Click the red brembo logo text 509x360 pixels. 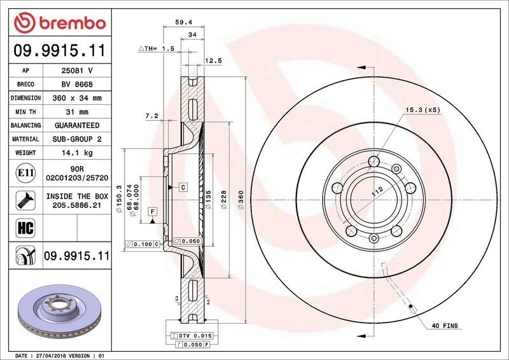point(72,23)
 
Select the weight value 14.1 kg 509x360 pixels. point(77,153)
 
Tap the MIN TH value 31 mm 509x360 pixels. point(77,112)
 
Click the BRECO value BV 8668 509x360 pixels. point(77,85)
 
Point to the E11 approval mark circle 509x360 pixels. point(25,173)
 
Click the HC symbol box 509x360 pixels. point(25,228)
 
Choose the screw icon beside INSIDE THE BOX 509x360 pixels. point(25,200)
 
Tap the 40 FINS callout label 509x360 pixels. point(445,326)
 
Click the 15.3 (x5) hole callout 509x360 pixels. point(423,110)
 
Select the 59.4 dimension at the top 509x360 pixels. point(184,22)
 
